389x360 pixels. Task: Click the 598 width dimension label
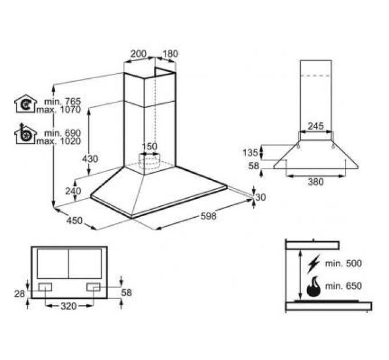click(x=208, y=216)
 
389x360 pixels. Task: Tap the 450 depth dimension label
click(x=74, y=220)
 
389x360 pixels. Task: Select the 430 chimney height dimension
click(x=90, y=158)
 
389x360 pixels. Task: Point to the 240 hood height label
click(x=73, y=191)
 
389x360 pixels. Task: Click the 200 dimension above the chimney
click(x=138, y=54)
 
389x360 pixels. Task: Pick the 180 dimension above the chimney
click(x=170, y=54)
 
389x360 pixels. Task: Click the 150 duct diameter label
click(x=149, y=146)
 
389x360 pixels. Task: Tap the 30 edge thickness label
click(x=261, y=197)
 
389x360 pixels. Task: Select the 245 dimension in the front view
click(x=316, y=126)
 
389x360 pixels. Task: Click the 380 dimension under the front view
click(x=316, y=182)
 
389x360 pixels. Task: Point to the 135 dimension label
click(x=251, y=153)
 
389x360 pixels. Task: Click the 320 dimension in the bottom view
click(x=69, y=306)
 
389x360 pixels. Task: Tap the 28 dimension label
click(x=19, y=294)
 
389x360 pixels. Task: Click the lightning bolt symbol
click(x=313, y=263)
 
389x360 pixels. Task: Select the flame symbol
click(x=313, y=287)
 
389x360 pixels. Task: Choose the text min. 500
click(x=343, y=263)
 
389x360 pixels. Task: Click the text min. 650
click(x=343, y=286)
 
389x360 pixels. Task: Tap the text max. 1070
click(x=59, y=110)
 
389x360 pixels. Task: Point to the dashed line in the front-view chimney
click(x=316, y=75)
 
